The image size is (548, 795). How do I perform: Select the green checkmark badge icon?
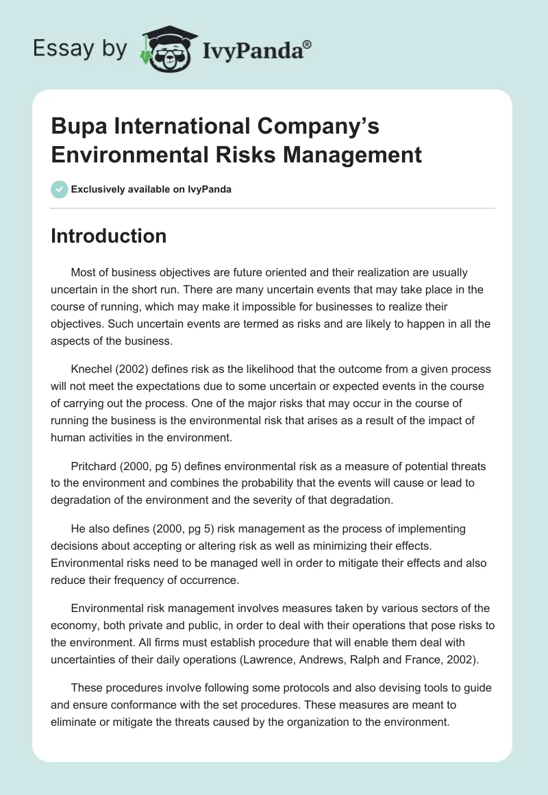coord(59,189)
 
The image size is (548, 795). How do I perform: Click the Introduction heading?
coord(109,236)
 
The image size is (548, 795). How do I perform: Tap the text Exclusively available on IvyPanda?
coord(151,189)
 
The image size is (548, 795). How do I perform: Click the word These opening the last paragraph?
coord(88,688)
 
